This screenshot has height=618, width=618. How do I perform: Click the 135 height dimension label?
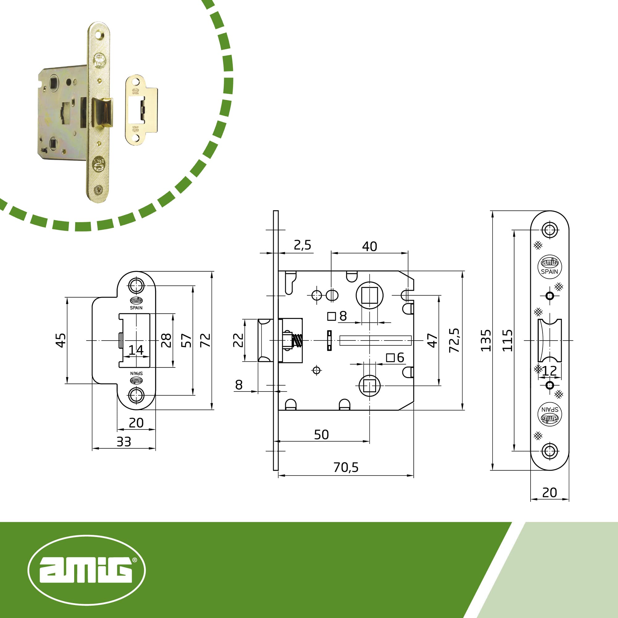[x=485, y=340]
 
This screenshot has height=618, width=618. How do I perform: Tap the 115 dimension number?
[x=507, y=340]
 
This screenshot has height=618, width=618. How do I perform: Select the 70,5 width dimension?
[x=346, y=467]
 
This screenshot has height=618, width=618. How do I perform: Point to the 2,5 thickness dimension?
[x=302, y=245]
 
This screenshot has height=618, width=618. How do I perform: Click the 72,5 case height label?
[x=454, y=340]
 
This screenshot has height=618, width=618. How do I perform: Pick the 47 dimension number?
[x=432, y=340]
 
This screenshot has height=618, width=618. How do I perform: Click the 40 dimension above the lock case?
[x=370, y=246]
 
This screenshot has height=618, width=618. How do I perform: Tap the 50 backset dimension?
[x=321, y=435]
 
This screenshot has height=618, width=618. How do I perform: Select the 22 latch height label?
[x=238, y=340]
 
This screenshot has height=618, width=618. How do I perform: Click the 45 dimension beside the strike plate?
[x=61, y=340]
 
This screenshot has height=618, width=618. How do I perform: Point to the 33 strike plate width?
[x=124, y=442]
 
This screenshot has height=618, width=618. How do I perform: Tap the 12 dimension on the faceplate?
[x=549, y=371]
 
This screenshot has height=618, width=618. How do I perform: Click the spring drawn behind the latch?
[x=298, y=340]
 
